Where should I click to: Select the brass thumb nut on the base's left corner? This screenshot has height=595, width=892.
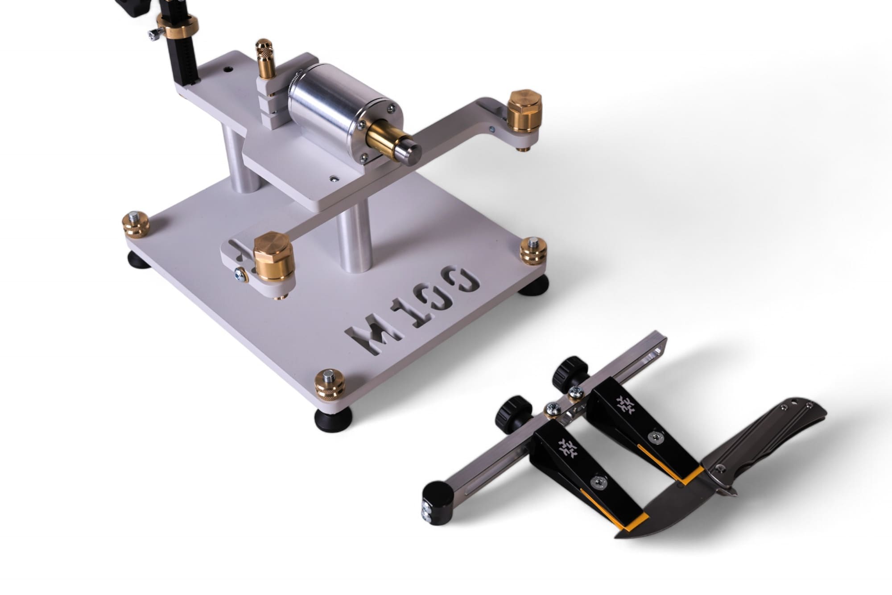click(136, 224)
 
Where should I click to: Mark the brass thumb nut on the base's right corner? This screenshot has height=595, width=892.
click(533, 251)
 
